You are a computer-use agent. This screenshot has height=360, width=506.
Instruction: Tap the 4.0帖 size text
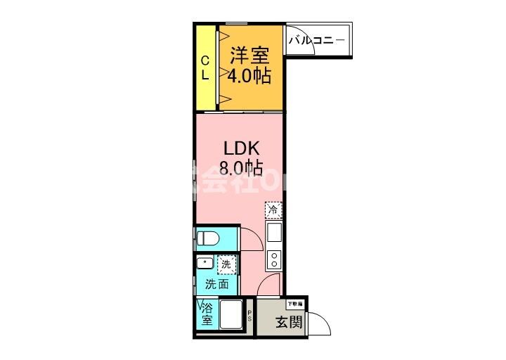pyautogui.click(x=249, y=75)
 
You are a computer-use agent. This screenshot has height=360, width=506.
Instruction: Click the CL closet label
pyautogui.click(x=205, y=67)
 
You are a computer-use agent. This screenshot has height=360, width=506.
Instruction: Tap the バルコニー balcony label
pyautogui.click(x=316, y=40)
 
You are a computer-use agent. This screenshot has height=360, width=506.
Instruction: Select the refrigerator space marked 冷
pyautogui.click(x=273, y=209)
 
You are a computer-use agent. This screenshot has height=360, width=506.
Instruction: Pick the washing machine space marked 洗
pyautogui.click(x=226, y=264)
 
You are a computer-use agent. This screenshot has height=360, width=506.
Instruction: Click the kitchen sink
pyautogui.click(x=273, y=231)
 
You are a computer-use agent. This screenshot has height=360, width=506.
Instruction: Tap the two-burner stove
pyautogui.click(x=273, y=259)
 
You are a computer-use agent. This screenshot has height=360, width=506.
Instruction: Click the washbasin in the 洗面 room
pyautogui.click(x=205, y=264)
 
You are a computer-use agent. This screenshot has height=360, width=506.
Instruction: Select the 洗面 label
pyautogui.click(x=216, y=285)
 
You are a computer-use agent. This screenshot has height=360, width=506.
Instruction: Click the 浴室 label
pyautogui.click(x=207, y=314)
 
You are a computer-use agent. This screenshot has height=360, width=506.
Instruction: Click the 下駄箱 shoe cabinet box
pyautogui.click(x=295, y=304)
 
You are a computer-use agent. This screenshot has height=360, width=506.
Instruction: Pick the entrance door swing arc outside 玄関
pyautogui.click(x=320, y=323)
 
